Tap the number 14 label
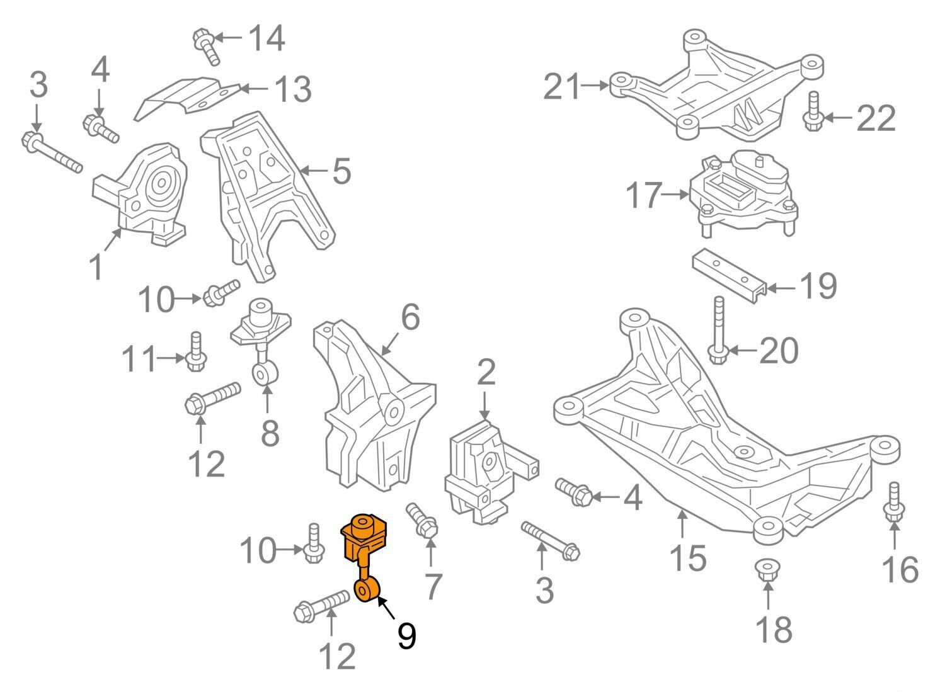pyautogui.click(x=266, y=38)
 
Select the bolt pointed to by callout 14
pyautogui.click(x=207, y=47)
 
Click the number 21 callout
pyautogui.click(x=561, y=86)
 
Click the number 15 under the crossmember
pyautogui.click(x=688, y=557)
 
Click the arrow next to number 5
pyautogui.click(x=314, y=171)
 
